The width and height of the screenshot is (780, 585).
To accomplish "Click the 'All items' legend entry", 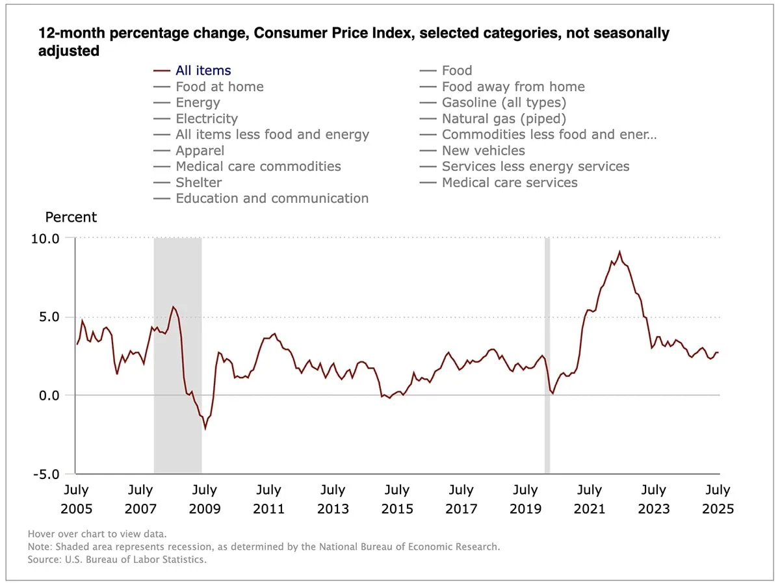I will [203, 71].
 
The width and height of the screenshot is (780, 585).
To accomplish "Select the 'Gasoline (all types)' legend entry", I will [503, 103].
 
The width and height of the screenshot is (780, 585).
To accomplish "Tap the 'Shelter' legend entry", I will [198, 183].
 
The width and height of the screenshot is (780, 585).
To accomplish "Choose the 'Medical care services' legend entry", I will [509, 183].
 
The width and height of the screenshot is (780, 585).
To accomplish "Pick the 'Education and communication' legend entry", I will [272, 199].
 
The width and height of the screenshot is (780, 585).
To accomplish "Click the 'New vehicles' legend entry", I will [483, 151].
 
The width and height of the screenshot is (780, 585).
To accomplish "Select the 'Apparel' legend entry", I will [200, 151].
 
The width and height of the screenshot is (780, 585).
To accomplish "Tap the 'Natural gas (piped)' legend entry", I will [503, 119].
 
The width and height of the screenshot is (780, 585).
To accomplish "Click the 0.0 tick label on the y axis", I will [47, 395].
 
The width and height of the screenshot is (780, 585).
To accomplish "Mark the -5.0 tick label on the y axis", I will [45, 474].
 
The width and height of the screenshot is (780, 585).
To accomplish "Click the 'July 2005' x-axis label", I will [76, 499].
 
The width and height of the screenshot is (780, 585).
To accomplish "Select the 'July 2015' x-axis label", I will [396, 499].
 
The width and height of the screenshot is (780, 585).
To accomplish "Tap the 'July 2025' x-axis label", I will [718, 499].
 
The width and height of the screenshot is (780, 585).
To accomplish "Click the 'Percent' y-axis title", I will [71, 217].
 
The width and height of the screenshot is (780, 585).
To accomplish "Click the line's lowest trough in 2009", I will [205, 428].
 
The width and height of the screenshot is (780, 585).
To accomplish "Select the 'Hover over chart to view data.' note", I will [97, 534].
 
